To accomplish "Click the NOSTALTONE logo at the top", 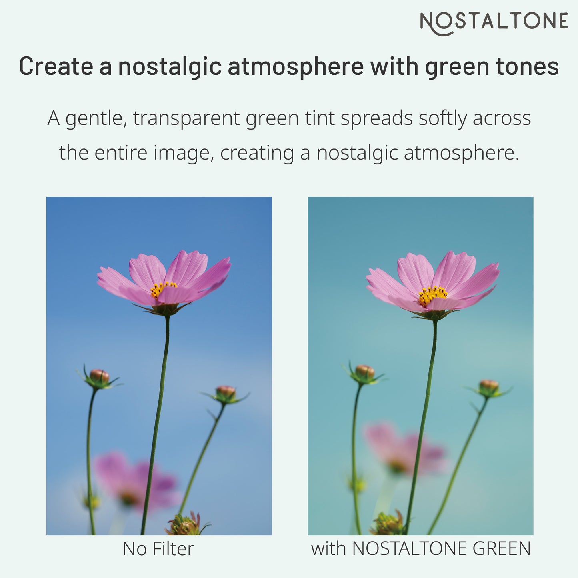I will coord(494,22).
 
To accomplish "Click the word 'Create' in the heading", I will coord(56,66).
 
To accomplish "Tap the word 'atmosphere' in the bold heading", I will coord(296,66).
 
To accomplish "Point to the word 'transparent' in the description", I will coord(186,118).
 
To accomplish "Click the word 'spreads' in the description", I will coord(376,119).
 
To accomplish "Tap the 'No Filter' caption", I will coord(158,549).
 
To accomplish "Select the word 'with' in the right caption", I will coord(329,548).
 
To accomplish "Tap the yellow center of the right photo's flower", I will coord(432,295).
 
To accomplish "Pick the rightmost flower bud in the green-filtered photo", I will coord(489,387).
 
